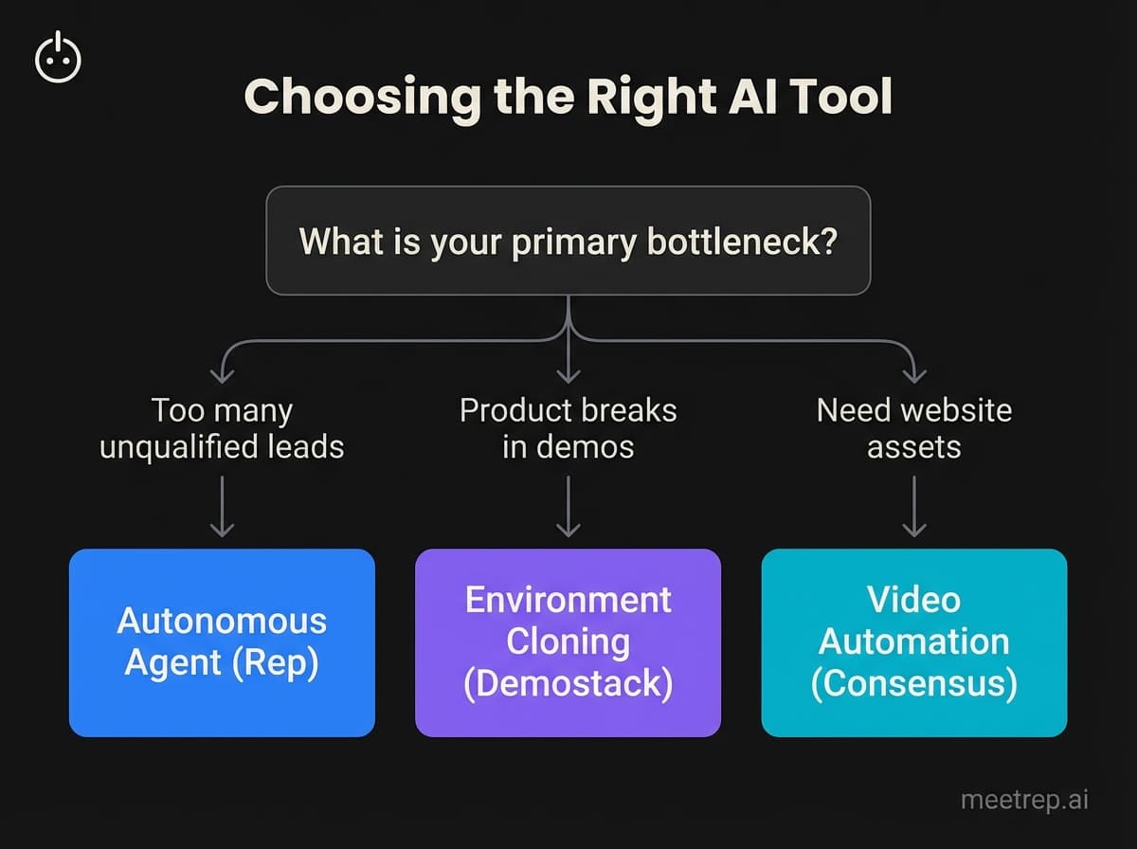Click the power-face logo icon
point(58,59)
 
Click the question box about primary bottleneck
point(568,241)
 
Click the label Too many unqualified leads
point(222,428)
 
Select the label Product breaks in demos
point(568,428)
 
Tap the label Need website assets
point(914,428)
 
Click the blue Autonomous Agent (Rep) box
point(222,641)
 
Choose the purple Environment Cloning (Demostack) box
point(568,641)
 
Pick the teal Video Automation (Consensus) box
point(914,641)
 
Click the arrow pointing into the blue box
point(222,507)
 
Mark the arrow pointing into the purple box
point(568,507)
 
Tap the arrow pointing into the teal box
point(914,507)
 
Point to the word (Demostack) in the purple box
point(568,683)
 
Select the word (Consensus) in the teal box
point(914,683)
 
